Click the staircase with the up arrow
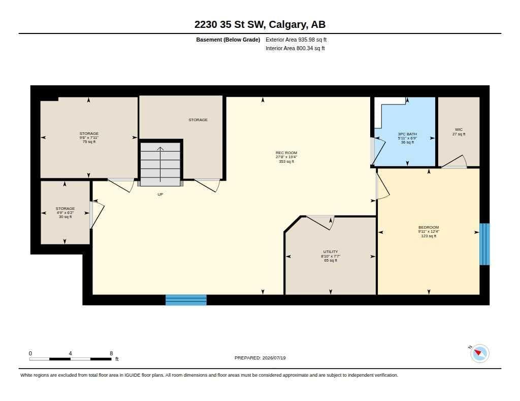[160, 164]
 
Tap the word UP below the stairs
[160, 194]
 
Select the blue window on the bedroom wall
[484, 244]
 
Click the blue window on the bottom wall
[186, 300]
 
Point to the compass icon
[479, 353]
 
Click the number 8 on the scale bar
[111, 353]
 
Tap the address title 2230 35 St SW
[230, 24]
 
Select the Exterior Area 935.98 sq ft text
[296, 40]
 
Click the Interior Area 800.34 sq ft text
[295, 48]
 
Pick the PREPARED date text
[260, 358]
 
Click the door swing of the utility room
[320, 223]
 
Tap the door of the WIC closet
[454, 162]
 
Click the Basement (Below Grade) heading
[228, 40]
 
